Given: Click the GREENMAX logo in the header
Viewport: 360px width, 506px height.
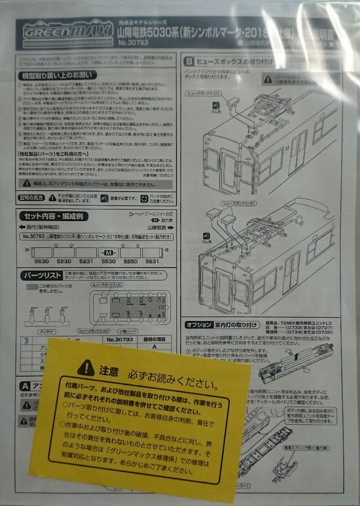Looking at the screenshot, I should tap(66, 31).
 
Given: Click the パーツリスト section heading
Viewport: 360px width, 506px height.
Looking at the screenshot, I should tap(41, 275).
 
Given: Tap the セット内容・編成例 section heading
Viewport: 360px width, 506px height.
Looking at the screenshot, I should tap(53, 216).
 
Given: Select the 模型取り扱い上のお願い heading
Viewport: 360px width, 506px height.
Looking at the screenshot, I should tap(57, 75).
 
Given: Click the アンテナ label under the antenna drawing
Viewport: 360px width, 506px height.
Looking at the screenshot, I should tap(46, 331).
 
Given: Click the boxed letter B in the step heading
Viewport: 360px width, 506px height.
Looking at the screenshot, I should tap(189, 61).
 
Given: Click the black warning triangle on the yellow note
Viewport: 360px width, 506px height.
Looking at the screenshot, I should tap(86, 368).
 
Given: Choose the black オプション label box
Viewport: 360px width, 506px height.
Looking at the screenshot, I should tap(199, 324).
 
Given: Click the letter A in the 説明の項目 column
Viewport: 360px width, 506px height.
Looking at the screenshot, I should tap(154, 347).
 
